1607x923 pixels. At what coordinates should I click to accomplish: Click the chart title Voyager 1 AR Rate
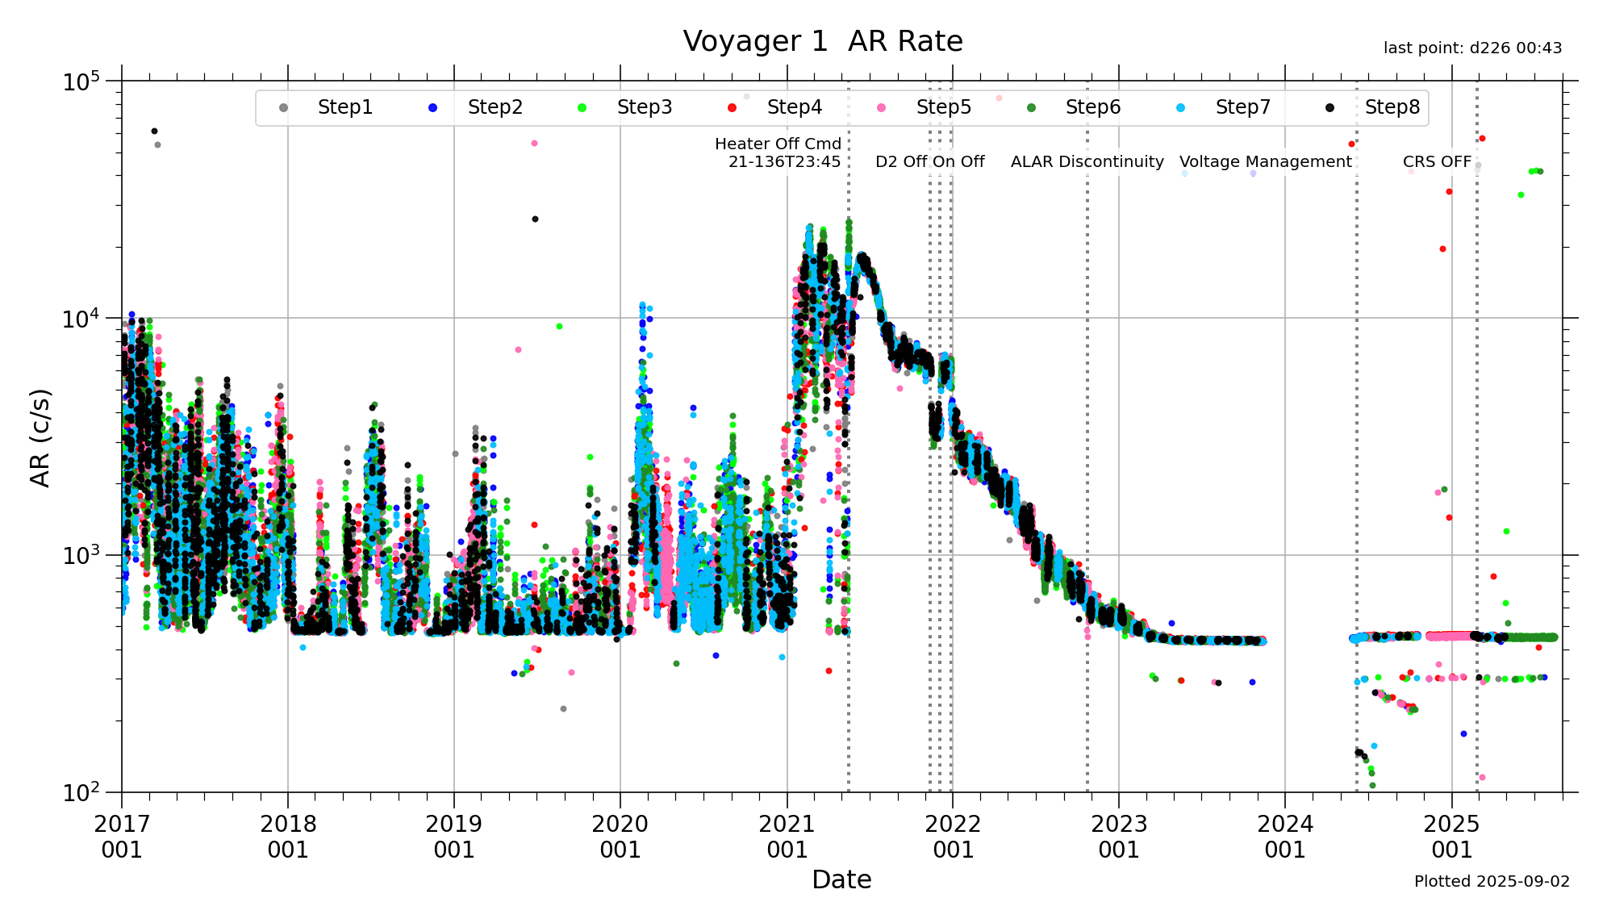pos(823,41)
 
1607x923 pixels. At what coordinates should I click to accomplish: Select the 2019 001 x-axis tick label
pos(454,837)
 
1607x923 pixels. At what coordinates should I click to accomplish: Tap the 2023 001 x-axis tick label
pos(1119,837)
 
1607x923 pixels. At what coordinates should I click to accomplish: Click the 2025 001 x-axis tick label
pos(1451,837)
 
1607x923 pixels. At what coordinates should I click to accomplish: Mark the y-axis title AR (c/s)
pos(40,438)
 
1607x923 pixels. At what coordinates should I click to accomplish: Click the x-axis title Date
pos(841,879)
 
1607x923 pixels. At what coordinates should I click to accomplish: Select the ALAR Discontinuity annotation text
pos(1087,161)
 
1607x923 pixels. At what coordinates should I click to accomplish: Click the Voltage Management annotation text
pos(1265,161)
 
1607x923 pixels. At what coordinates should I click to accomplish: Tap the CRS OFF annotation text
pos(1437,161)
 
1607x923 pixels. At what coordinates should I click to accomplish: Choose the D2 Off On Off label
pos(929,161)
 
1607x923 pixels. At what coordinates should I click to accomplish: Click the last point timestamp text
pos(1472,48)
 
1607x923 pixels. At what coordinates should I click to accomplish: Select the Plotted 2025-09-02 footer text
pos(1492,881)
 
